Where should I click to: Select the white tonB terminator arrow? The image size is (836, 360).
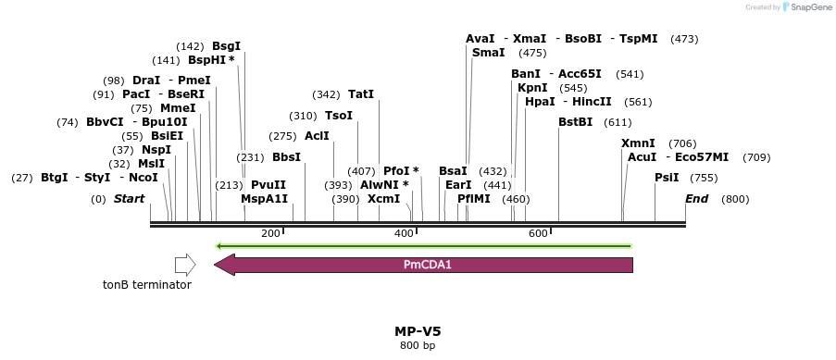(x=185, y=266)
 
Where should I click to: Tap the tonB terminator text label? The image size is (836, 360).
(x=147, y=285)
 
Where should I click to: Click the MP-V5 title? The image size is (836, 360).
(x=411, y=330)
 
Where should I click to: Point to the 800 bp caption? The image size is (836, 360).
(x=411, y=345)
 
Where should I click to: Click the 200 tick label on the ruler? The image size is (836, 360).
(x=270, y=233)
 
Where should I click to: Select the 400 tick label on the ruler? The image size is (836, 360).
(x=405, y=233)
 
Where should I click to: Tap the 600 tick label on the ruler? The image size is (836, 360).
(x=539, y=233)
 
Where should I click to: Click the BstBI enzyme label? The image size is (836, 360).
(x=575, y=122)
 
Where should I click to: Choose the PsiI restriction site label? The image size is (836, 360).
(x=667, y=178)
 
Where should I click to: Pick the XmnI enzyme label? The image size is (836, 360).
(x=638, y=143)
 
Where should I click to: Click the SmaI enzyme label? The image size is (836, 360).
(x=488, y=53)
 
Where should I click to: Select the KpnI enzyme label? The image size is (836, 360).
(x=532, y=88)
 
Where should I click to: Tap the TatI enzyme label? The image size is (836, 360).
(x=361, y=94)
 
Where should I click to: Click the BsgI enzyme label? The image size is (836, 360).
(x=226, y=45)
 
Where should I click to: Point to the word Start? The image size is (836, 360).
(x=129, y=199)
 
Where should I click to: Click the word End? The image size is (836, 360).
(x=696, y=199)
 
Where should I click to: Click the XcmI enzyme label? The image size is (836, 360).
(x=383, y=199)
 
